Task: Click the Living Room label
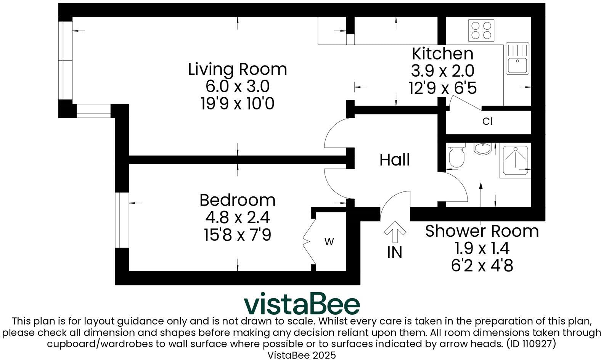237,69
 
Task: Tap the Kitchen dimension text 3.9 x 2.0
442,71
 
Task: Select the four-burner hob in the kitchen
481,30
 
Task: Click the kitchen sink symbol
517,58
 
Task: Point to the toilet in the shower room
456,156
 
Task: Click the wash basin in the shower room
482,148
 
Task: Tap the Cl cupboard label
487,122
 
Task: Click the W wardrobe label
329,241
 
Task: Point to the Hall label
394,160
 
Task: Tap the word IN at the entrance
394,252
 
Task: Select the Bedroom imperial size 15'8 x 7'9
237,235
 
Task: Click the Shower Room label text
482,231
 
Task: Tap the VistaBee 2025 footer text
301,355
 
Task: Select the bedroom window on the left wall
122,220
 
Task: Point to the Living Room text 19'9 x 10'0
237,104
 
